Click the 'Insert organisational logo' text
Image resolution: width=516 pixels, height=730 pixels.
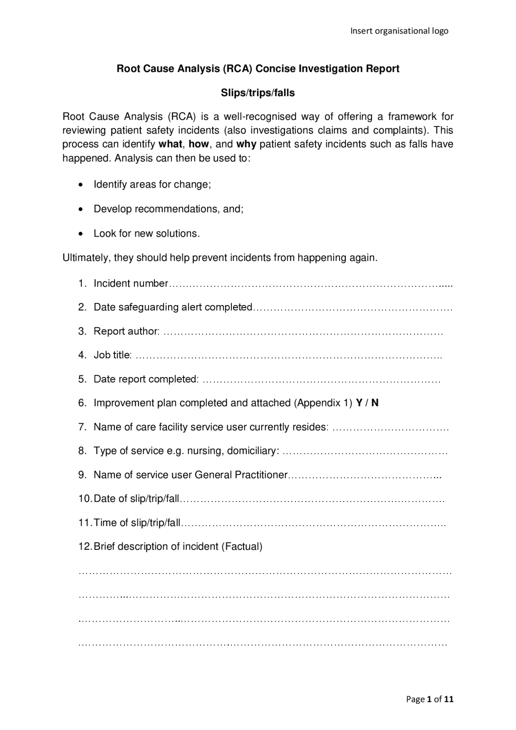pyautogui.click(x=399, y=31)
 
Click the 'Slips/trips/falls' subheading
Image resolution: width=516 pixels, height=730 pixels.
pyautogui.click(x=258, y=93)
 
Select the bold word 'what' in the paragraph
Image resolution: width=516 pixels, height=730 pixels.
pyautogui.click(x=171, y=144)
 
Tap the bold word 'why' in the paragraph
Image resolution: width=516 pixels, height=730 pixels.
pyautogui.click(x=246, y=144)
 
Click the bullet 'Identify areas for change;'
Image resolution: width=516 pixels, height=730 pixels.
pyautogui.click(x=152, y=184)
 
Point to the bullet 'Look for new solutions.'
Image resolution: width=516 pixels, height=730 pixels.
pyautogui.click(x=147, y=233)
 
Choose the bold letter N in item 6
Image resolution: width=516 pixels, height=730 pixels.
pyautogui.click(x=375, y=403)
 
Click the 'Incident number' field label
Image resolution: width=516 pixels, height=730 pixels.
pyautogui.click(x=131, y=283)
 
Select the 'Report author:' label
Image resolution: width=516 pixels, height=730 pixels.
pyautogui.click(x=127, y=331)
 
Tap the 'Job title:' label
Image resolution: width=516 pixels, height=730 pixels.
pyautogui.click(x=112, y=355)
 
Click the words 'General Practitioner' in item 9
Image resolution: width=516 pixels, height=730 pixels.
pyautogui.click(x=241, y=475)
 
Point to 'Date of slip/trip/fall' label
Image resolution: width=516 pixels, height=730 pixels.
pyautogui.click(x=136, y=499)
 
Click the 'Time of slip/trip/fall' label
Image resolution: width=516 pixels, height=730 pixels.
pyautogui.click(x=137, y=523)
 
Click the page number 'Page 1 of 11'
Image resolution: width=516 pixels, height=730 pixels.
pyautogui.click(x=430, y=699)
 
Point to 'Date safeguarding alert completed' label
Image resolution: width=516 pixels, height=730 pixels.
pyautogui.click(x=173, y=307)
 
